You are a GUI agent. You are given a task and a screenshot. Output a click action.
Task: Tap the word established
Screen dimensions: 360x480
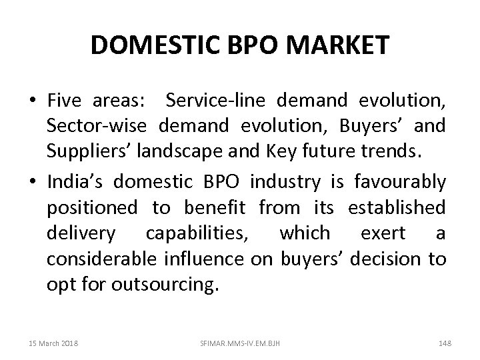tap(397, 207)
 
